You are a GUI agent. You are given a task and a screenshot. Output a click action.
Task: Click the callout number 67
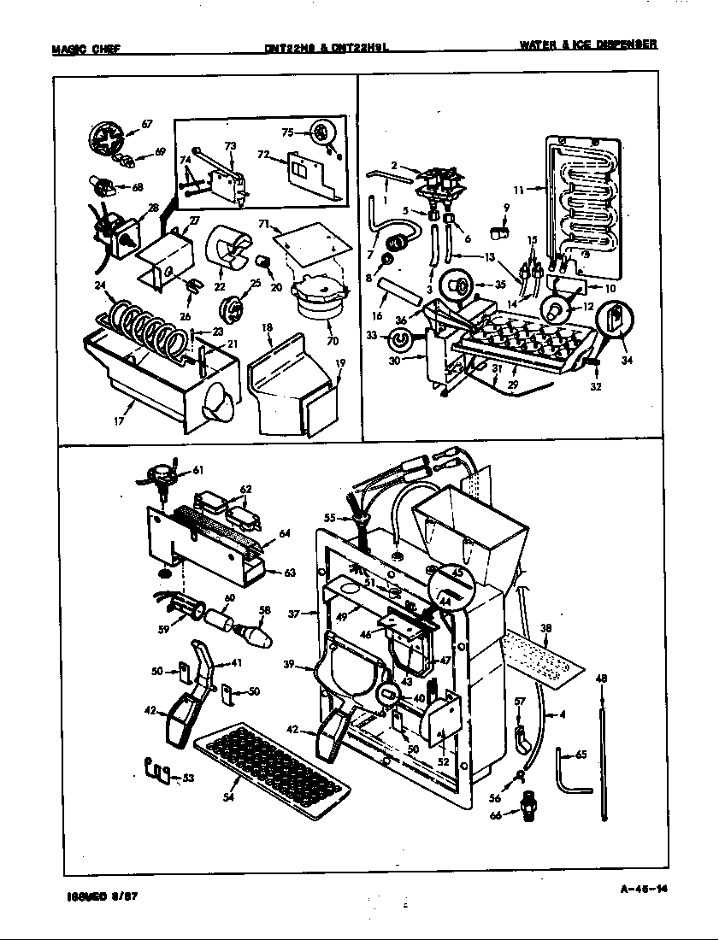coord(146,124)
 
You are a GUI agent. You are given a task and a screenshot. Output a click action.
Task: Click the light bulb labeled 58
coord(255,636)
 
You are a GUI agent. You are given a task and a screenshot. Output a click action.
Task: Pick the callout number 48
coord(601,679)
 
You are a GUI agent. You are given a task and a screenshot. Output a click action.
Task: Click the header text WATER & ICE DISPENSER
coord(588,44)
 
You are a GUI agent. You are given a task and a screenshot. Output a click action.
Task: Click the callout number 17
coord(119,421)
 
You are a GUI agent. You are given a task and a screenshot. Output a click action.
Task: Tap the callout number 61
coord(198,470)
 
